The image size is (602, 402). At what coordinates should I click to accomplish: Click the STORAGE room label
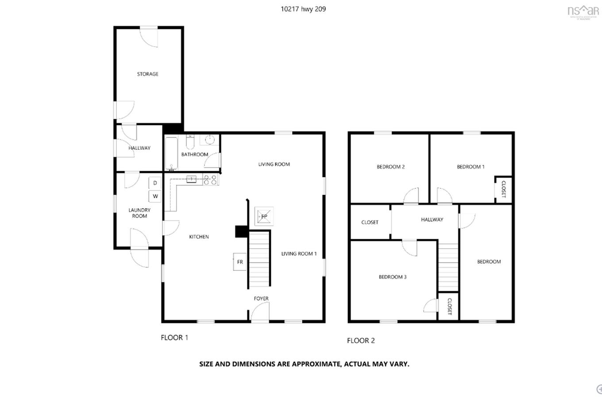pos(147,74)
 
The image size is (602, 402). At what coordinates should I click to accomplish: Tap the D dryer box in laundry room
pos(155,183)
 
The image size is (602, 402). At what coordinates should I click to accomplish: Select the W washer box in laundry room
pos(155,196)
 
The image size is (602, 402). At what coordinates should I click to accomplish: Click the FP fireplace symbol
pos(264,217)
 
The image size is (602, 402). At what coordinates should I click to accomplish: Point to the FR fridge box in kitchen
pos(239,262)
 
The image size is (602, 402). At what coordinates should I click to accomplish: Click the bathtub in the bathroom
pos(171,153)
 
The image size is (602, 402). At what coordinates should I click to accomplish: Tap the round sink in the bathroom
pos(209,141)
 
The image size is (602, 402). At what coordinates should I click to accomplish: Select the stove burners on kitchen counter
pos(210,180)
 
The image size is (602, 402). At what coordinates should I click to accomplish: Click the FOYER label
pos(261,299)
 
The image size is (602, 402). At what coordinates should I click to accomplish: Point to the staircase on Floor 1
pos(259,259)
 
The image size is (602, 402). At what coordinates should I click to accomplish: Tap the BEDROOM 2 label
pos(390,167)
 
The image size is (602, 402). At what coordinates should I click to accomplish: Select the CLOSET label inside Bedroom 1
pos(503,189)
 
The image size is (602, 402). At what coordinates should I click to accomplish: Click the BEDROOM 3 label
pos(392,277)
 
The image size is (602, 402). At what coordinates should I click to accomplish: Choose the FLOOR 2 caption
pos(361,340)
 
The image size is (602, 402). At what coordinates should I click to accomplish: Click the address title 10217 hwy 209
pos(303,9)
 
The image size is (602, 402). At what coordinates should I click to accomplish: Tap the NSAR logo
pos(583,11)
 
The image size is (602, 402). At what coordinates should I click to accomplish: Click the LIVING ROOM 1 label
pos(299,254)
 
